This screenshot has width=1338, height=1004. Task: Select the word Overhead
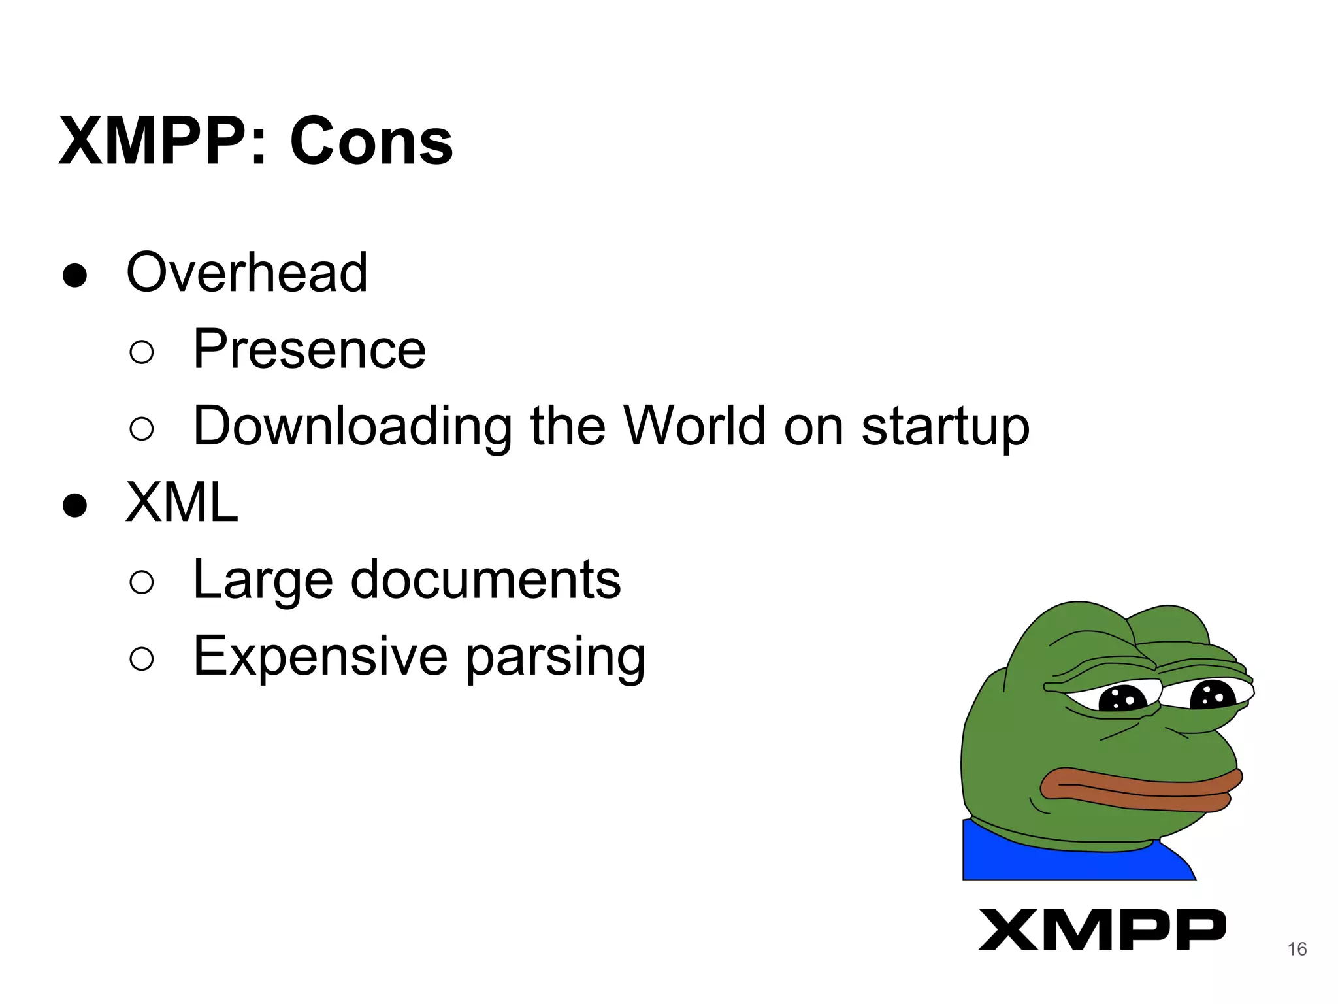(247, 273)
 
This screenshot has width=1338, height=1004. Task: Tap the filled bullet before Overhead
(75, 275)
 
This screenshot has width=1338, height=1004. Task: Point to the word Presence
(309, 350)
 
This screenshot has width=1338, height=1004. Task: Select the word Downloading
(353, 427)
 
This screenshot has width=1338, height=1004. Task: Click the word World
(694, 426)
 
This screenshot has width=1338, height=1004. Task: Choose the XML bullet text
(182, 503)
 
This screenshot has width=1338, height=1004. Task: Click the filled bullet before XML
(75, 505)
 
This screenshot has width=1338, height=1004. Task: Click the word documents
(485, 579)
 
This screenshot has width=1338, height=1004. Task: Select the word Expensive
(320, 656)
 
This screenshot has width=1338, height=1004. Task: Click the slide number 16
(1297, 949)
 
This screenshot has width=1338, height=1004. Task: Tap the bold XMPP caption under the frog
(1101, 929)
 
